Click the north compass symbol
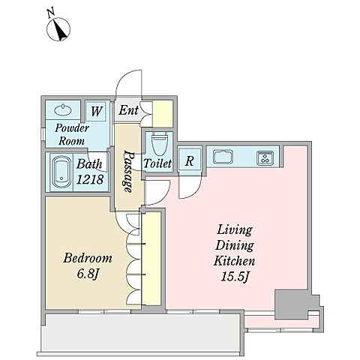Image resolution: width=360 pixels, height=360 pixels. click(x=58, y=29)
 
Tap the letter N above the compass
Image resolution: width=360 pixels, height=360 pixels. click(x=51, y=13)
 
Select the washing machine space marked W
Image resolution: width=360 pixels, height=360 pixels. click(x=96, y=111)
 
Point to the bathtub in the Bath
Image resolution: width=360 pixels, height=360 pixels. click(x=61, y=172)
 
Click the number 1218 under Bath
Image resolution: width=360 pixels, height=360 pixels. click(x=89, y=179)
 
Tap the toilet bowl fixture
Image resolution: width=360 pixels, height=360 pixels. click(x=159, y=144)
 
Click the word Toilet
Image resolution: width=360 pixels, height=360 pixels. click(x=157, y=163)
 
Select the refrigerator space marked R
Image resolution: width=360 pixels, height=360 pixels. click(x=189, y=160)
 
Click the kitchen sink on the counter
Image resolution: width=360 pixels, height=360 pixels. click(x=223, y=157)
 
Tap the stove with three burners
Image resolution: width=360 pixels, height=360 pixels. click(x=265, y=158)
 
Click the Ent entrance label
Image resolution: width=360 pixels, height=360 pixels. click(x=128, y=109)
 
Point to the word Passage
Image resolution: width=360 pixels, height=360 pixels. click(x=128, y=172)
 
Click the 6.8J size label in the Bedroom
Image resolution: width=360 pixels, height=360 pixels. click(x=88, y=274)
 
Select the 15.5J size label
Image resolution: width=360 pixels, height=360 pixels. click(x=235, y=277)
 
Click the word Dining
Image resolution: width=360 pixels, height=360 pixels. click(x=235, y=246)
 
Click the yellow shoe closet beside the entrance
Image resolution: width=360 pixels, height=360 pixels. click(x=163, y=114)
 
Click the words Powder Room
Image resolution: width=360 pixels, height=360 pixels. click(x=72, y=135)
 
